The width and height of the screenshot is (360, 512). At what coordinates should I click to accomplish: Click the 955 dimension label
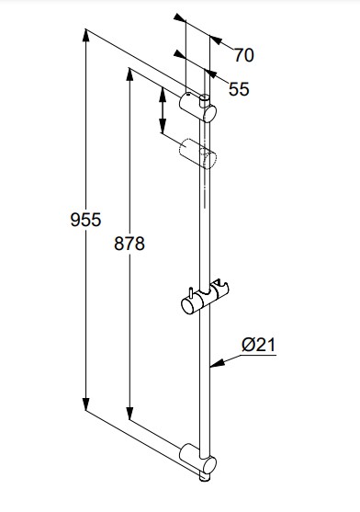[x=85, y=220]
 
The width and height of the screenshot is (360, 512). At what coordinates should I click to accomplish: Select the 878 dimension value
[x=129, y=244]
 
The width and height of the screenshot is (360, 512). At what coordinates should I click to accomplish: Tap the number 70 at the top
[x=244, y=55]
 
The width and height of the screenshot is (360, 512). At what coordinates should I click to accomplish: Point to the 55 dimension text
[x=239, y=89]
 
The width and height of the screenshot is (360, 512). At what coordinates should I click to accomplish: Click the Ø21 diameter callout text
[x=259, y=345]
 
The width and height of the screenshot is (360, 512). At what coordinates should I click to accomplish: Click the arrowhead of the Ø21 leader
[x=218, y=363]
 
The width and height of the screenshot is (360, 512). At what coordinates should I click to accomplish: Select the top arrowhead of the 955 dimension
[x=85, y=35]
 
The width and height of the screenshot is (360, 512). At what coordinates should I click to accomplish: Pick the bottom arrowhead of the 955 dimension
[x=85, y=404]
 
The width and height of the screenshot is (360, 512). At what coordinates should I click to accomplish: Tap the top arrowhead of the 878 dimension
[x=129, y=74]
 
